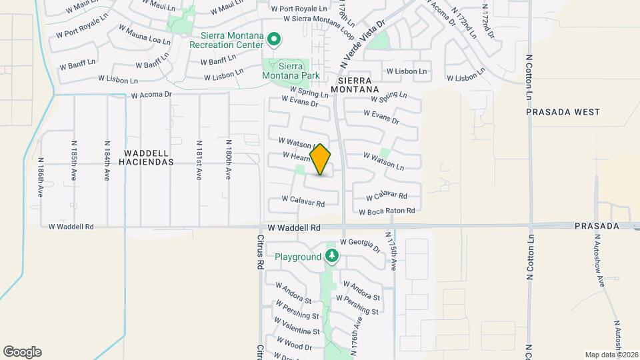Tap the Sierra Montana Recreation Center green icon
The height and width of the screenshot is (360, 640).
click(273, 40)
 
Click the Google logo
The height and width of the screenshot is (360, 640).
click(22, 352)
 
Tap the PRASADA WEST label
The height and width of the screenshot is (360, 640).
click(563, 112)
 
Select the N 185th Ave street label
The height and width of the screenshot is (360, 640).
click(74, 161)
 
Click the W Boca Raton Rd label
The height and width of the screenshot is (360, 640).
click(387, 211)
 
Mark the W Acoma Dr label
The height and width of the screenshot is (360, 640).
click(151, 95)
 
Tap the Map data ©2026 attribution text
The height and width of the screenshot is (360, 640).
click(611, 354)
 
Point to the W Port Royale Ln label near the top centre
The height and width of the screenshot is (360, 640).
click(299, 9)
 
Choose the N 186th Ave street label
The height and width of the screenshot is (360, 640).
click(41, 177)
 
